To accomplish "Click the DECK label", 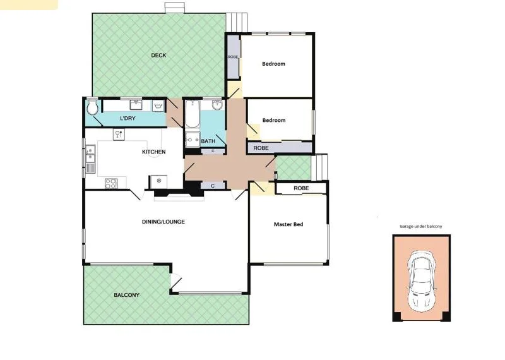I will [x=158, y=56].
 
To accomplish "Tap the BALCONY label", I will [x=126, y=295].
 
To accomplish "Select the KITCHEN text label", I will [x=153, y=152].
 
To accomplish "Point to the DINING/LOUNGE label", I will [x=163, y=221].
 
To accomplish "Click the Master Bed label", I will [x=288, y=224].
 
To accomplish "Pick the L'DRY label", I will [x=128, y=119].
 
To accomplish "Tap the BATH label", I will [x=208, y=141].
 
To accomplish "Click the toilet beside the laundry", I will [x=93, y=108].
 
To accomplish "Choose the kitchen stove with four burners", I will [x=110, y=184].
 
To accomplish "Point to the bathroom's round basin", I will [x=217, y=105].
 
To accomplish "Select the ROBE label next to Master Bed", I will [x=301, y=188].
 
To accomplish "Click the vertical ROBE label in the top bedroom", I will [x=233, y=57].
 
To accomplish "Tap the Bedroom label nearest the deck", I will [x=273, y=64].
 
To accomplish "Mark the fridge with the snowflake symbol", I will [x=159, y=181].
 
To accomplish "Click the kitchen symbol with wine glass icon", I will [x=117, y=134].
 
